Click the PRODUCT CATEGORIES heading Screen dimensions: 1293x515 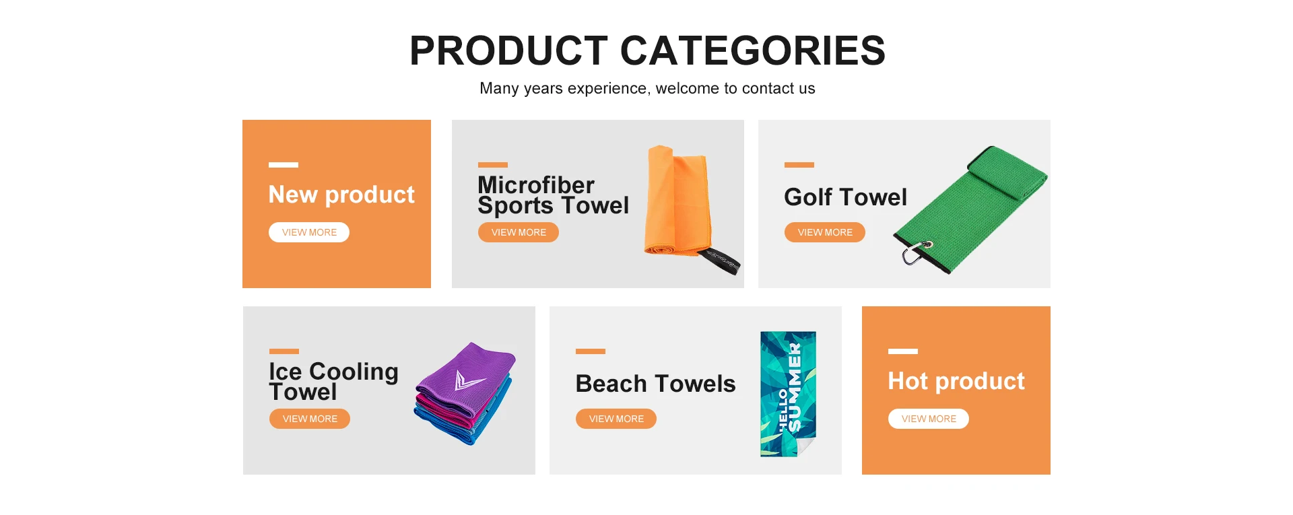(x=647, y=50)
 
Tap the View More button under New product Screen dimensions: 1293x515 (x=309, y=232)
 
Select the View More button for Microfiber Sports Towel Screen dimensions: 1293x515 (x=519, y=232)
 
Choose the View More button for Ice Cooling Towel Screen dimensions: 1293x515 (x=310, y=419)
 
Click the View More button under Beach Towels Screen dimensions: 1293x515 (x=616, y=419)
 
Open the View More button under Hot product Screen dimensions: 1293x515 (x=929, y=419)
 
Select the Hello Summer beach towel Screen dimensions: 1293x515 (x=788, y=394)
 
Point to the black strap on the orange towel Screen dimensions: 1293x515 (x=721, y=261)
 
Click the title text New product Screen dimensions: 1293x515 (x=341, y=195)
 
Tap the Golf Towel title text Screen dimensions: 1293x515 (x=846, y=197)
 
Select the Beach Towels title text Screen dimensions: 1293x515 (x=655, y=384)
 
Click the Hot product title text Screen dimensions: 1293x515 (x=956, y=381)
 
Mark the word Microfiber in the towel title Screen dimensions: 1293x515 (x=536, y=184)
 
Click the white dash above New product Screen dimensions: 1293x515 (x=284, y=165)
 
